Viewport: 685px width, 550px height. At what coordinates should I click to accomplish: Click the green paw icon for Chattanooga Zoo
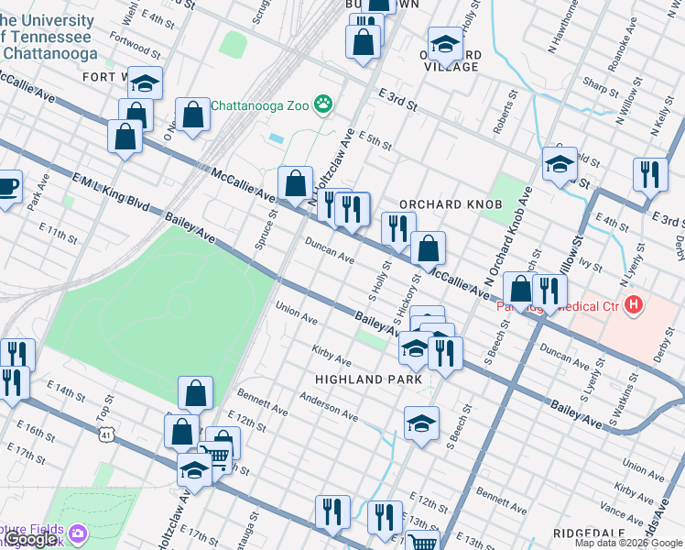pos(323,104)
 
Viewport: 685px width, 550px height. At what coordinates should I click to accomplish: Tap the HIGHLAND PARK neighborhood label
pos(368,379)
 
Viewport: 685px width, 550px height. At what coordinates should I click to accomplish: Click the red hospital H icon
pos(633,304)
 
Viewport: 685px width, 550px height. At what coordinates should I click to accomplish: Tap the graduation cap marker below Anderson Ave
pos(421,423)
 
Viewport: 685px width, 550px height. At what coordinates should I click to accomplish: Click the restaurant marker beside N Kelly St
pos(650,174)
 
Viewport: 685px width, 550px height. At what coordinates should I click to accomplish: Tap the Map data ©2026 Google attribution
pos(628,543)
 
